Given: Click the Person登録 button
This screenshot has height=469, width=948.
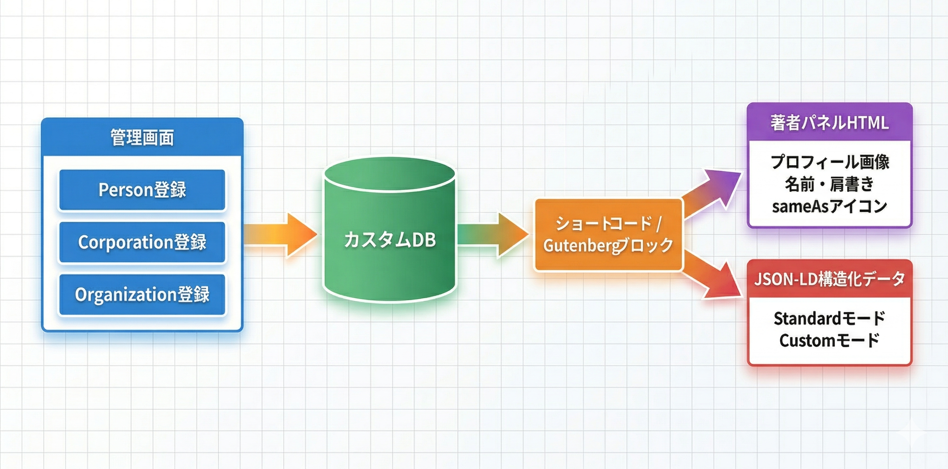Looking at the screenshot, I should point(142,190).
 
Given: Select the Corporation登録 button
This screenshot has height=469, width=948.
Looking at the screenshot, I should point(142,242).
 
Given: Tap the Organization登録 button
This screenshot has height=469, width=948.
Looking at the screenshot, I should point(142,294).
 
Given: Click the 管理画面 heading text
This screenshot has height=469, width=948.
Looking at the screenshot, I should point(142,137).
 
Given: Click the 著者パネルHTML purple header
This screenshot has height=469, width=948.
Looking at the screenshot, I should point(829,122).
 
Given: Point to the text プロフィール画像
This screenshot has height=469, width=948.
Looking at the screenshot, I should point(829,162).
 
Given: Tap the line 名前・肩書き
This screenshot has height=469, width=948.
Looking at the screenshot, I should point(829,184).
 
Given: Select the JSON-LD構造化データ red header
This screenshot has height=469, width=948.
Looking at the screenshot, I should point(829,279).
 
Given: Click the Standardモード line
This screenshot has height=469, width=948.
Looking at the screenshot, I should point(829,319).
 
